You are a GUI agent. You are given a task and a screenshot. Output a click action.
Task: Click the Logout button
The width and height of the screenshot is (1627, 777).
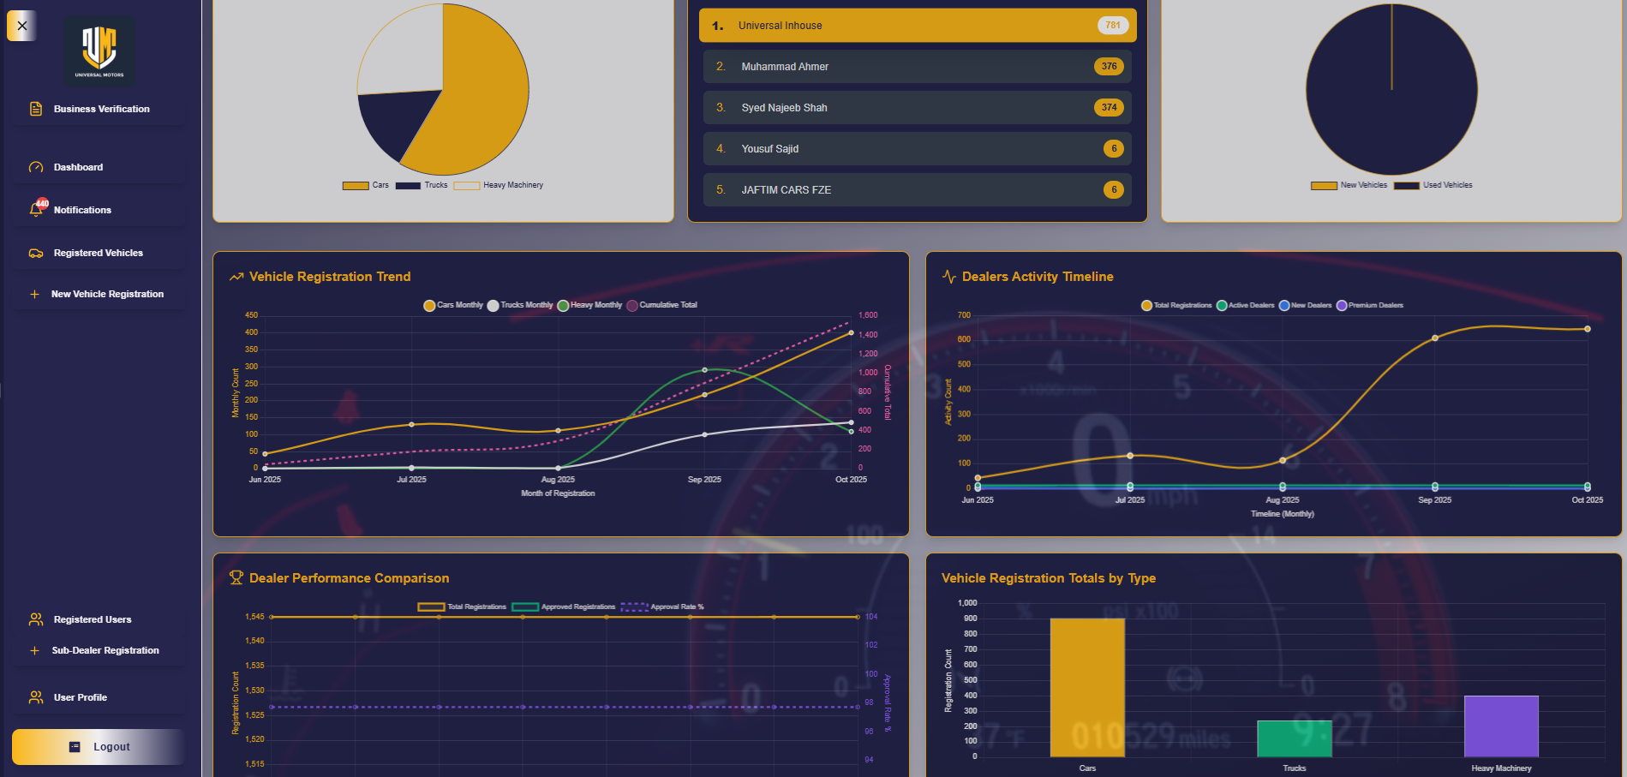(x=99, y=746)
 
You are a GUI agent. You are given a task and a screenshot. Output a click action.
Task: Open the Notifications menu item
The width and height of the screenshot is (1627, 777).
(x=82, y=210)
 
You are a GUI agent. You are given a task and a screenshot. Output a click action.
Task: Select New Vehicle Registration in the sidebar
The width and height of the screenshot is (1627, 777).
(x=107, y=294)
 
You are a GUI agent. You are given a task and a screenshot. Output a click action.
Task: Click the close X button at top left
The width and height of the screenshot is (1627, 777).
(x=22, y=26)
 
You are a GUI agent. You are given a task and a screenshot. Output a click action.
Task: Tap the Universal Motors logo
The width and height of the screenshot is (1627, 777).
(x=99, y=50)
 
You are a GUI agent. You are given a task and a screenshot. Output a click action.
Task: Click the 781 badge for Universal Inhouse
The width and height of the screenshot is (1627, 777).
(x=1112, y=26)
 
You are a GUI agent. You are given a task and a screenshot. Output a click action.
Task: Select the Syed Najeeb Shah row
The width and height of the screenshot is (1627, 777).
(x=917, y=108)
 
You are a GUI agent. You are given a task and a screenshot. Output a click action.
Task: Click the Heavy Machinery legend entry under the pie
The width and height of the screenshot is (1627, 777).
(x=512, y=185)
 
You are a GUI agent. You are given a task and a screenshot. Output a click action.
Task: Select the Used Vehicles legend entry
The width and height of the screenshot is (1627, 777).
(x=1447, y=185)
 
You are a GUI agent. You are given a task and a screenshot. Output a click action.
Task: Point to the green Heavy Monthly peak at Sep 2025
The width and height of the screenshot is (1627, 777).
(x=704, y=370)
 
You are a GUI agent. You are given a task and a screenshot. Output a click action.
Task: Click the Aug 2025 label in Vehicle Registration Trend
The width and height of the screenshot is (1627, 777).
(x=558, y=480)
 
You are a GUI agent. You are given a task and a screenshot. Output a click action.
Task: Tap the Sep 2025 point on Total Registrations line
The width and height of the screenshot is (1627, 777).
(x=1435, y=338)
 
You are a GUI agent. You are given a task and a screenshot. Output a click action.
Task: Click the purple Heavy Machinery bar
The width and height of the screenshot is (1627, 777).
(x=1501, y=726)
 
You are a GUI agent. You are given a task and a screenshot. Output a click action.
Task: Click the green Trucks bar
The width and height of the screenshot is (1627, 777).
(x=1294, y=738)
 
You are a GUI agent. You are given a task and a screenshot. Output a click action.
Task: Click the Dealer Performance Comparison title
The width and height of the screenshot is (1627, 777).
(x=349, y=578)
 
